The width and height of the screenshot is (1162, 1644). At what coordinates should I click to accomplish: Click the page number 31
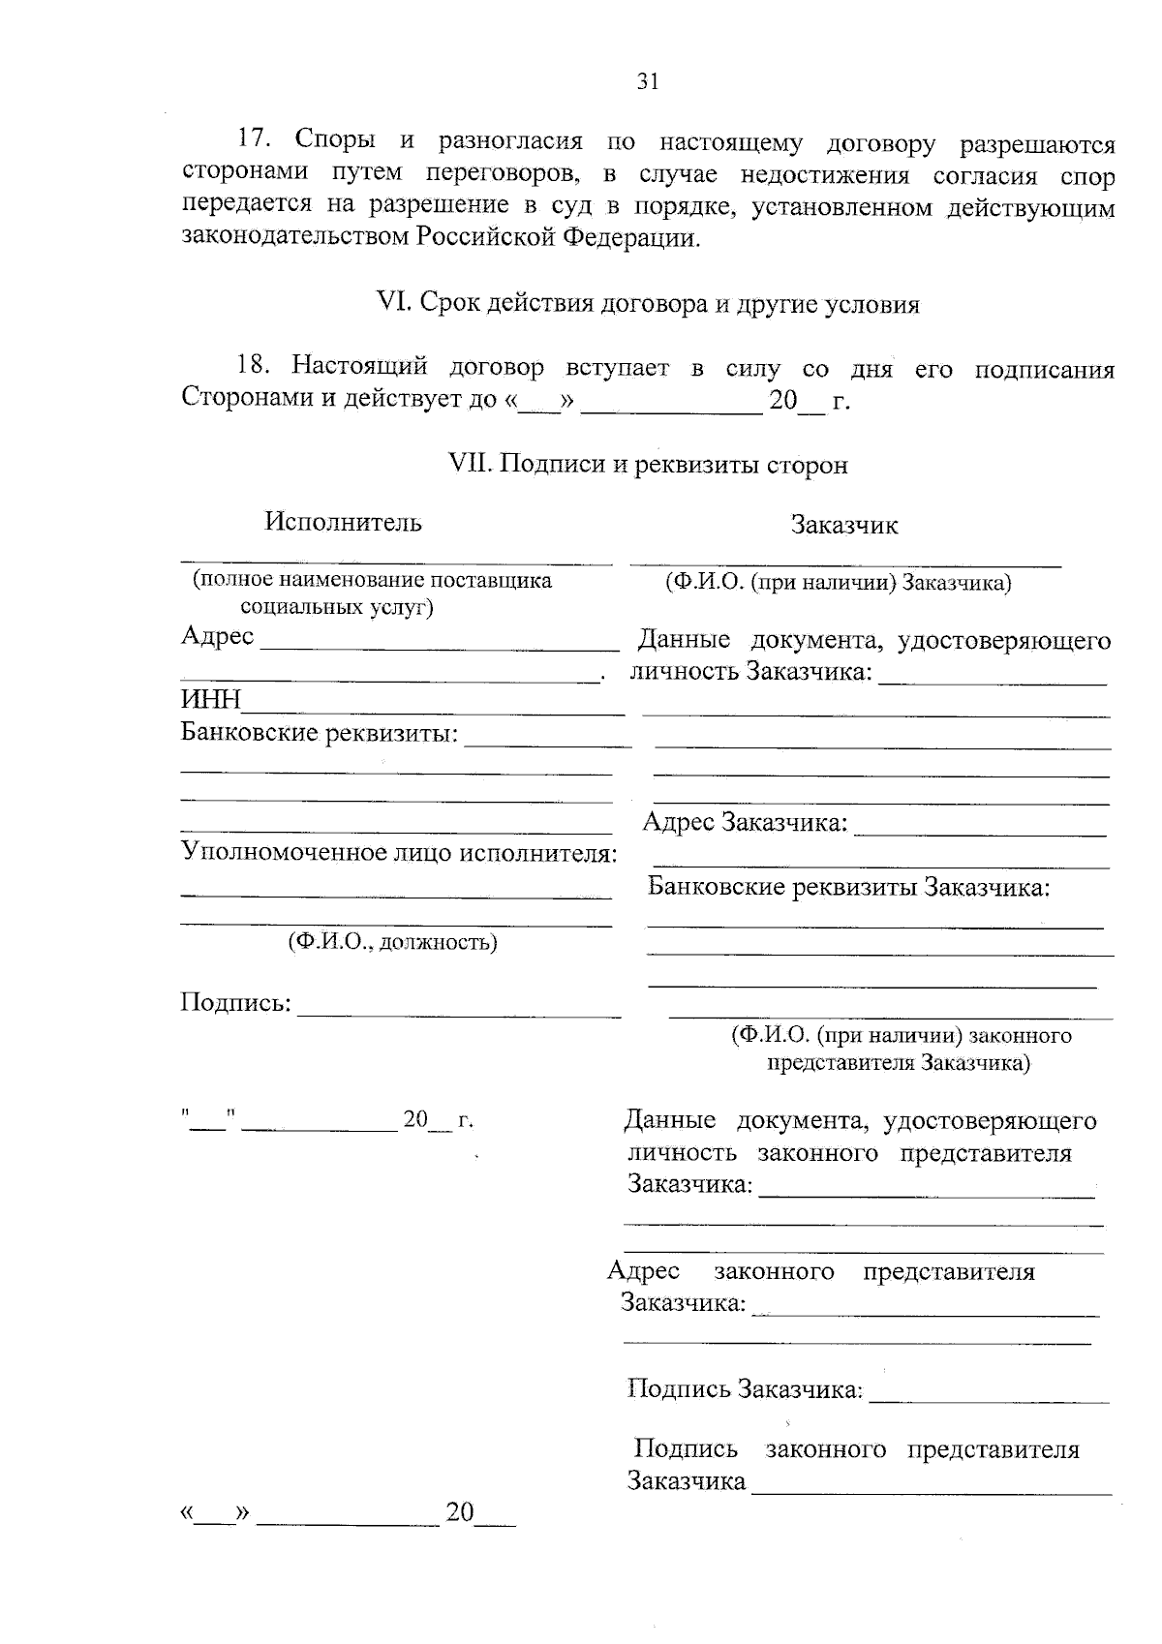648,82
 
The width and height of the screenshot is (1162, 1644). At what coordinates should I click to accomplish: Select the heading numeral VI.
393,303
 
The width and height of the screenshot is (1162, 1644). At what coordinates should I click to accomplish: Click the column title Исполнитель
344,523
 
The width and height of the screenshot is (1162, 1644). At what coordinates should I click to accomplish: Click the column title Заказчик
844,526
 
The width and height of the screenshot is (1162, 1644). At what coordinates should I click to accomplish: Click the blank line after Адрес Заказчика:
980,833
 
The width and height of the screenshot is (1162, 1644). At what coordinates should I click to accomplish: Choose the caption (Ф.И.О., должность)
392,942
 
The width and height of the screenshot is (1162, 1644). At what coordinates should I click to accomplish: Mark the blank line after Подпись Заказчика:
990,1400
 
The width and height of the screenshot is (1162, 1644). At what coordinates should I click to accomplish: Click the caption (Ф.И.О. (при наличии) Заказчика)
838,582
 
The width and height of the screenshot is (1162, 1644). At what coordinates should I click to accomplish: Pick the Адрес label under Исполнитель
217,636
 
